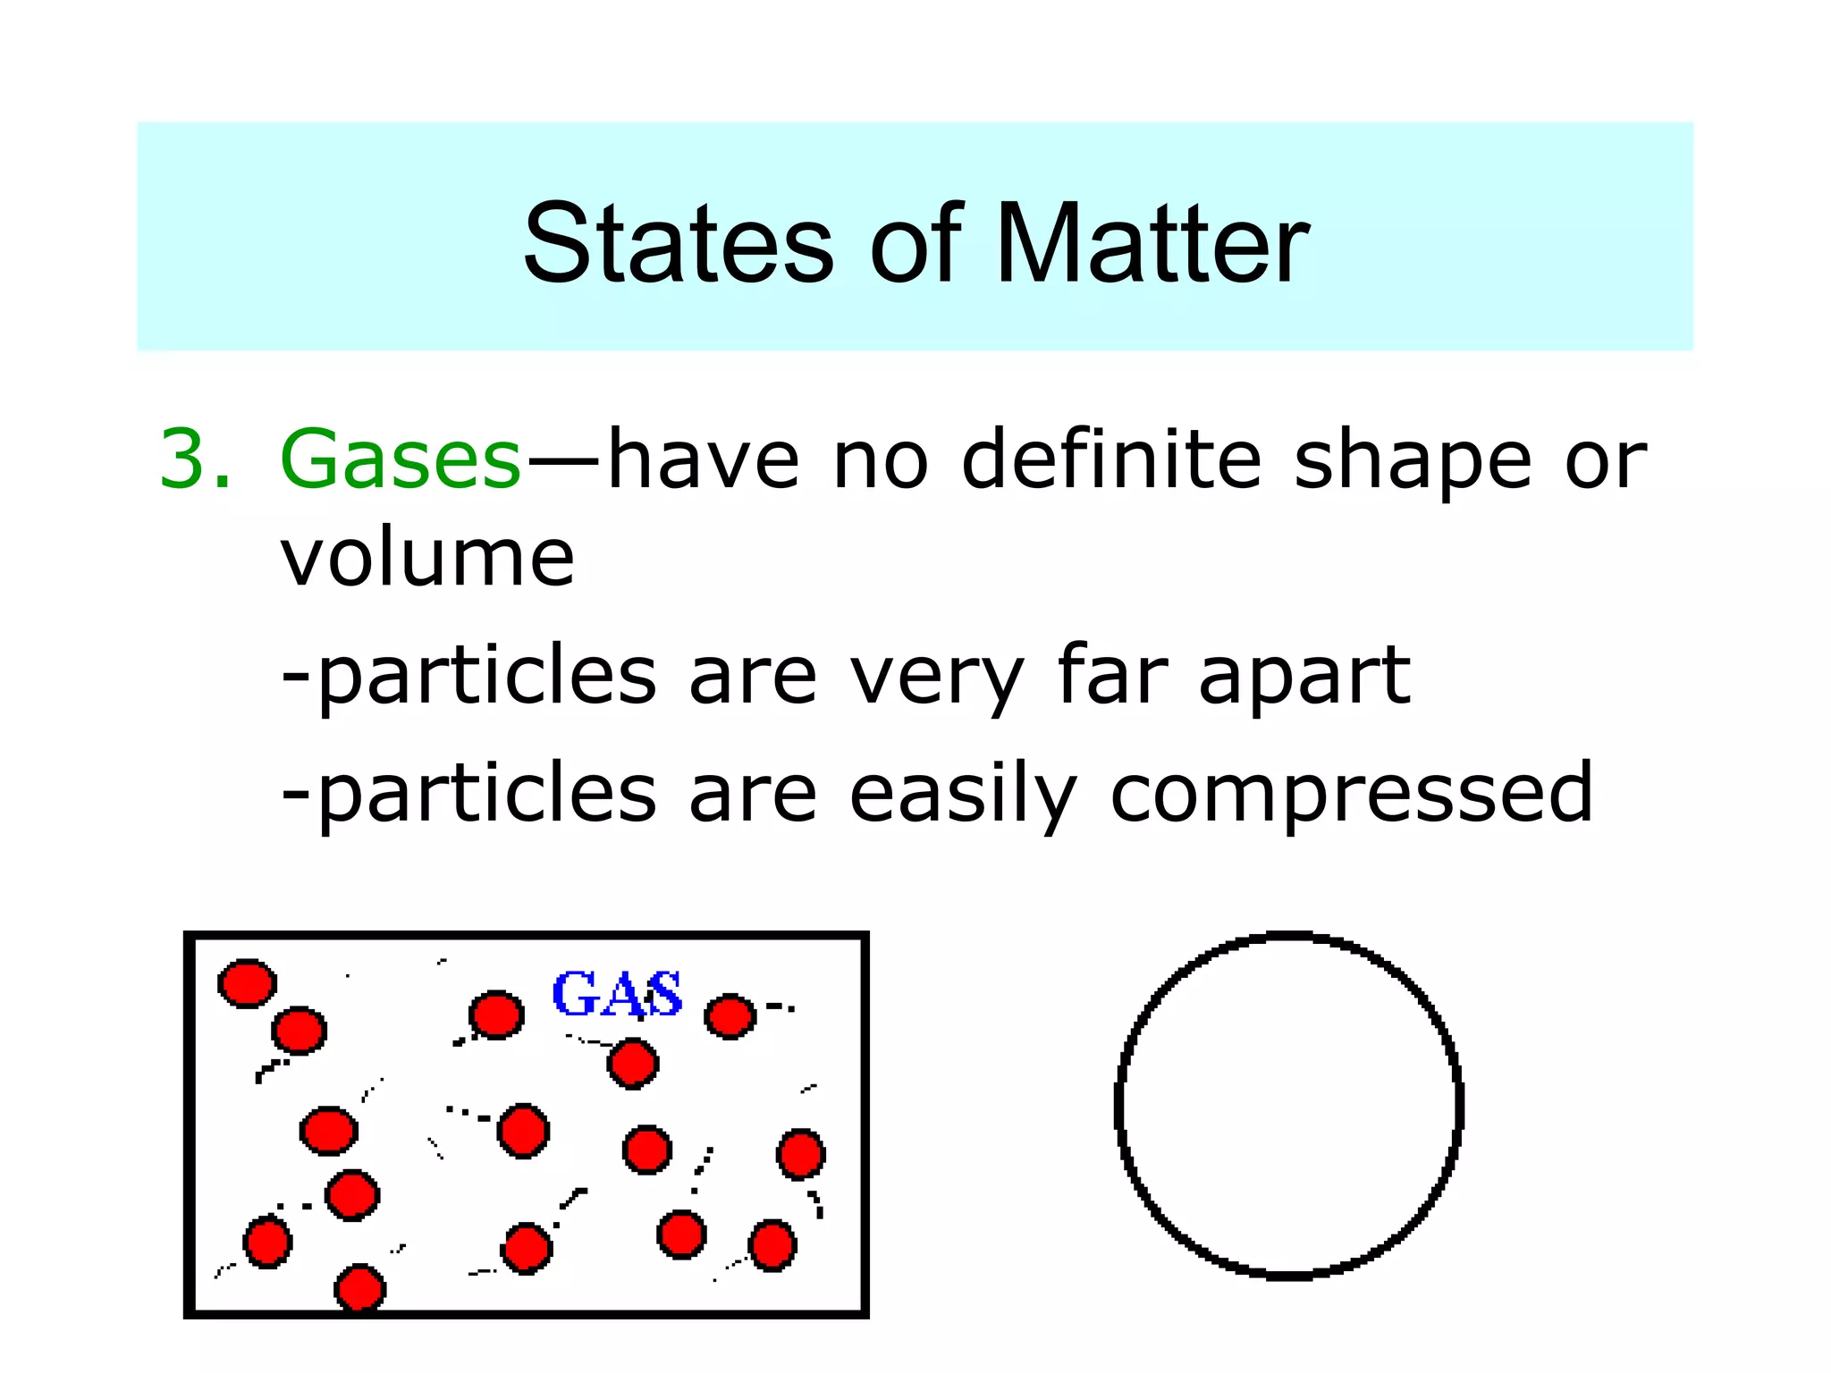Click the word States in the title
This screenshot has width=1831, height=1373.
678,244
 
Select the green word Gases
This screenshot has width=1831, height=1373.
400,459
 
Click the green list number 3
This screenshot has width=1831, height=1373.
195,459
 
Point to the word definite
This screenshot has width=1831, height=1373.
1111,459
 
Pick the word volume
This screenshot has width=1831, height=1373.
427,558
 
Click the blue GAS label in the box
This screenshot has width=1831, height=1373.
617,994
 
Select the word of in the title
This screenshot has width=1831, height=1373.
915,244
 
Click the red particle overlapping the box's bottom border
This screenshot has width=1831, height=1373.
360,1288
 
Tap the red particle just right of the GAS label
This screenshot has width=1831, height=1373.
730,1016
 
